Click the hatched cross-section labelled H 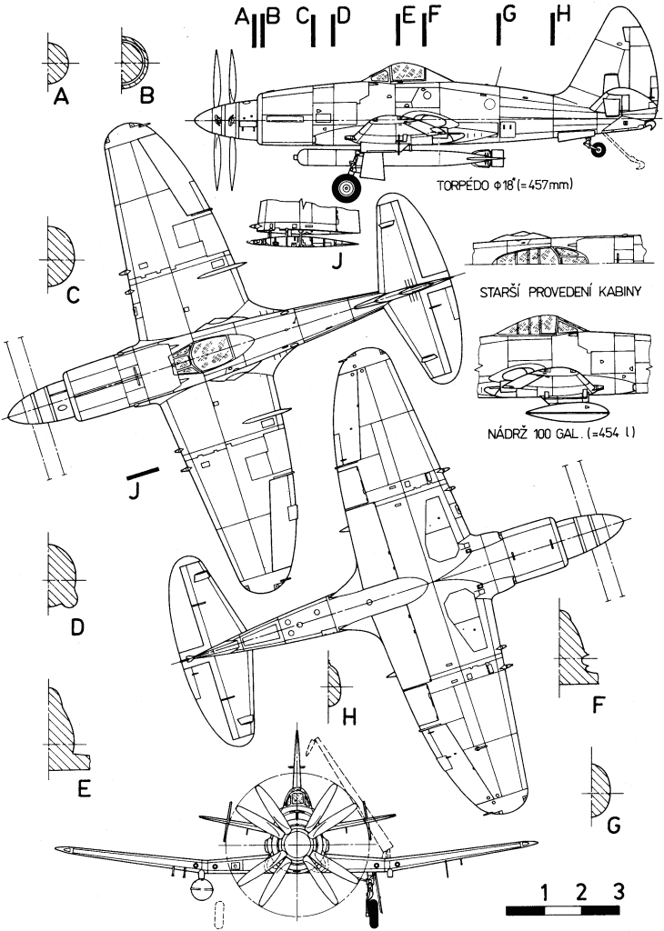point(334,681)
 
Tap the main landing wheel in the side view point(347,188)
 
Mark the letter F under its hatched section point(598,703)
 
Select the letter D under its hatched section point(77,627)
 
